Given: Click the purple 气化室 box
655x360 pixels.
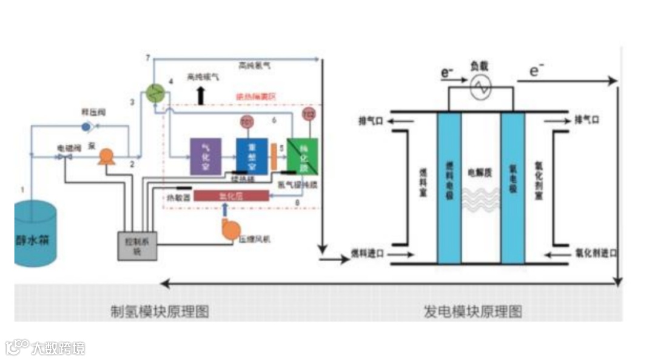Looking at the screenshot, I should coord(206,156).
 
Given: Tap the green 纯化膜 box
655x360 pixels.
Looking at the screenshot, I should coord(302,156).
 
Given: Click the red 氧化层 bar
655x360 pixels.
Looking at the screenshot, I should coord(230,196).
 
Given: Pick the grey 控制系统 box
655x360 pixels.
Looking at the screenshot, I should coord(136,246).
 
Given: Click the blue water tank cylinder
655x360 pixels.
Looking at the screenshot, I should coord(35,236).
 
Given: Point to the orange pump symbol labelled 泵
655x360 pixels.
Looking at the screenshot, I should coord(107,157).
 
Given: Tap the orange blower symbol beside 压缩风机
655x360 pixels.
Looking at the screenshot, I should coord(231,229).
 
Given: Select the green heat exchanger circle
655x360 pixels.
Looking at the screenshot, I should coord(157,92).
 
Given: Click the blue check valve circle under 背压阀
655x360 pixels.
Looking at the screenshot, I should coord(86,127).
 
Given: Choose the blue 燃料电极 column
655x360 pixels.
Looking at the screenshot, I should coord(449,188).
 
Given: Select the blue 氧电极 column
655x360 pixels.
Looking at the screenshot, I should coord(512,188).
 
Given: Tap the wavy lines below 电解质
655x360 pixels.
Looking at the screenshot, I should coord(481,199).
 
